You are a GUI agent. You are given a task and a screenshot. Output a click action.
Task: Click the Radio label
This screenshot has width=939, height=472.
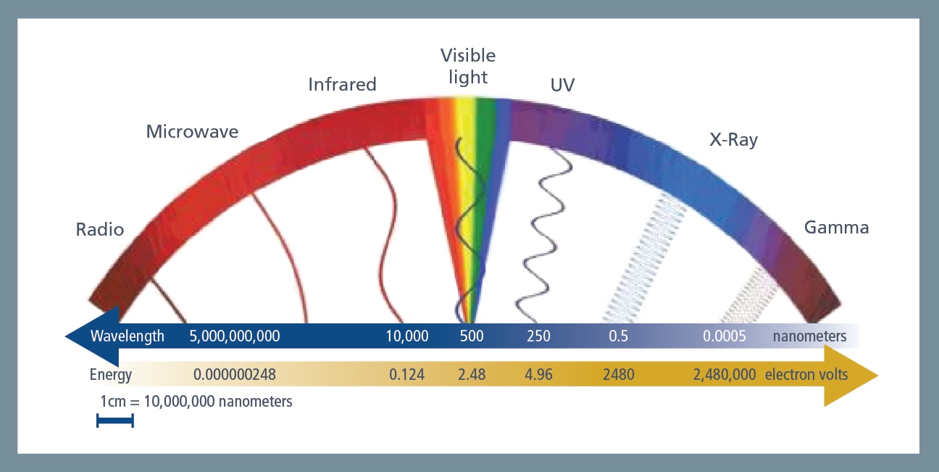click(100, 230)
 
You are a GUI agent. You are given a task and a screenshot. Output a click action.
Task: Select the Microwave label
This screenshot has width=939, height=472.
click(192, 132)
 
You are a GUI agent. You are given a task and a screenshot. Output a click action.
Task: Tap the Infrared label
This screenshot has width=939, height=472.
click(342, 85)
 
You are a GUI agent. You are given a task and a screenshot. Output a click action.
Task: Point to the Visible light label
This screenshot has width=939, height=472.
click(468, 66)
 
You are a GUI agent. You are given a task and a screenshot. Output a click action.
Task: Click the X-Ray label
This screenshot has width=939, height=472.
click(733, 140)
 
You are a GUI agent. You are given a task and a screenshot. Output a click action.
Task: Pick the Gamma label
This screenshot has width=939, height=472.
click(836, 228)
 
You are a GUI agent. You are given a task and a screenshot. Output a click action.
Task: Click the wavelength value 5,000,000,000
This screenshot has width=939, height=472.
click(234, 336)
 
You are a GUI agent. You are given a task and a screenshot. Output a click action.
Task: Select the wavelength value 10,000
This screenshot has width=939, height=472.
click(406, 336)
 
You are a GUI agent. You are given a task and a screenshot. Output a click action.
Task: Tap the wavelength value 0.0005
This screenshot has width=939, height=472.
click(724, 336)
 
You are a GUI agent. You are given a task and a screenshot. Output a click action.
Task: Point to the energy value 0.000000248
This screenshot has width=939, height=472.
click(235, 375)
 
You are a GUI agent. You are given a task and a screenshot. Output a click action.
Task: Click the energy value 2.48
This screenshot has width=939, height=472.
click(472, 375)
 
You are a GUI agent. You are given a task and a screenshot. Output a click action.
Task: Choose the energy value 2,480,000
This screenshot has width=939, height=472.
click(724, 375)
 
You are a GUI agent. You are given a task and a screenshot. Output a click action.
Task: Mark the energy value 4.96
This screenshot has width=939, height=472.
click(538, 375)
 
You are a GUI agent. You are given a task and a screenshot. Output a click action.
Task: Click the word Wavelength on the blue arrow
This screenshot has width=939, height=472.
click(128, 336)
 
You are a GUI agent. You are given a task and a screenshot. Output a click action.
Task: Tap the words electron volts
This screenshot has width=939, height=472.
click(806, 375)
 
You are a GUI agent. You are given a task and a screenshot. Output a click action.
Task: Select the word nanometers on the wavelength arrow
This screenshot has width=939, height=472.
click(809, 336)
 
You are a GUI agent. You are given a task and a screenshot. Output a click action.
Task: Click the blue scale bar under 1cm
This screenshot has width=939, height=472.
click(115, 421)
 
